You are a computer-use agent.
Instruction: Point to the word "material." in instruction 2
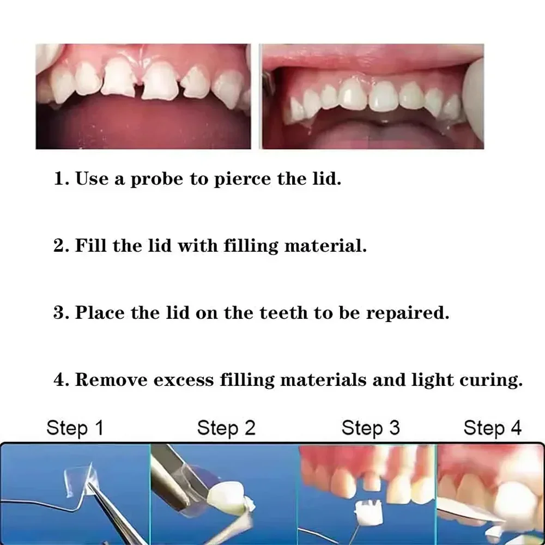coord(326,245)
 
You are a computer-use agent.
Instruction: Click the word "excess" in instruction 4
coord(184,380)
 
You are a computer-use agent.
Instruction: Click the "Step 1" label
coord(75,428)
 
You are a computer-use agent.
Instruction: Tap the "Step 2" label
coord(226,428)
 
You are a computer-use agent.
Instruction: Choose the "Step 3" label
coord(370,428)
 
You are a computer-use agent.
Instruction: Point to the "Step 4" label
coord(492,428)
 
